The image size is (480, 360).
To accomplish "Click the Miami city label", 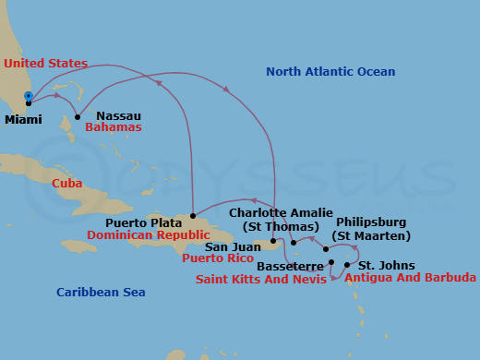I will [x=22, y=120].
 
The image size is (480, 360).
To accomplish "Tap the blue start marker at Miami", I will [x=29, y=96].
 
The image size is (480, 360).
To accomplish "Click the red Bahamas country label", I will [x=113, y=127].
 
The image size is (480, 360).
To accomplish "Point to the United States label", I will [x=45, y=64].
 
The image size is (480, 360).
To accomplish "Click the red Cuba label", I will [x=66, y=184].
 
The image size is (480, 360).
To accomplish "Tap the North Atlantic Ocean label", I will [x=330, y=72].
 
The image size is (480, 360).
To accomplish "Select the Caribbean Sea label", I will [x=101, y=293].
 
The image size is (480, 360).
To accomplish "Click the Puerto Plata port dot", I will [x=192, y=215].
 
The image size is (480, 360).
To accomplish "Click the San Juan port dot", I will [x=274, y=242].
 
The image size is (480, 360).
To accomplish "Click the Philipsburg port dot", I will [x=326, y=249].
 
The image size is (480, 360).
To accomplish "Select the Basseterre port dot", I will [x=330, y=262].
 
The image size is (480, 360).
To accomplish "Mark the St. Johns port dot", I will [x=347, y=265].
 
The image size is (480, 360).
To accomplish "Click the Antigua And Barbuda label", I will [x=410, y=278].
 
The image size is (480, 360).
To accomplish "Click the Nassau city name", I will [x=118, y=115].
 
